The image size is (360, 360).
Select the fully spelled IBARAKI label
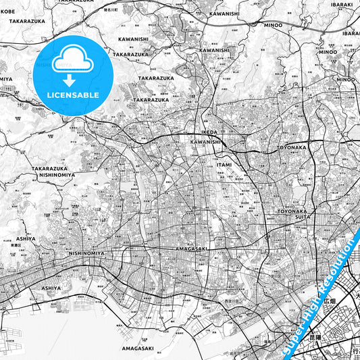pyautogui.click(x=342, y=5)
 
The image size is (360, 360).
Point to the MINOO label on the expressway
pyautogui.click(x=274, y=25)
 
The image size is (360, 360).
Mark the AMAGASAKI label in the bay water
pyautogui.click(x=137, y=349)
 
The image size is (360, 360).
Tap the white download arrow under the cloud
pyautogui.click(x=72, y=80)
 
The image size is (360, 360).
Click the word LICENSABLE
pyautogui.click(x=72, y=95)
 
